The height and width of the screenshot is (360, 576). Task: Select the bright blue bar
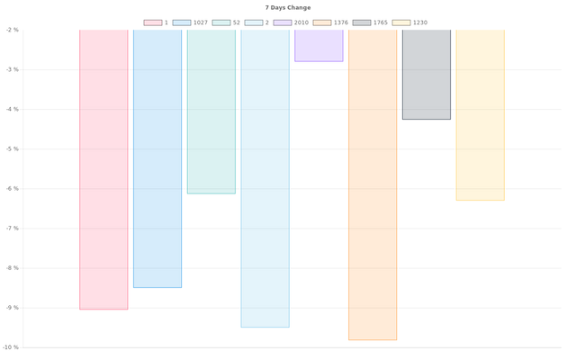[x=157, y=158]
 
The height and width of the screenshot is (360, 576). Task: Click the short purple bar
[x=319, y=46]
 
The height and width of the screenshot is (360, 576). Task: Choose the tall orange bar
[x=373, y=184]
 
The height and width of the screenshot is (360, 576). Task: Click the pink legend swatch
[x=152, y=22]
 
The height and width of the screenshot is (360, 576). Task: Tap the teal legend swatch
[x=220, y=22]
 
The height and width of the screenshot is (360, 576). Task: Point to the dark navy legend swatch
[x=361, y=22]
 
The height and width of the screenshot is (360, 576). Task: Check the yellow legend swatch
[x=400, y=22]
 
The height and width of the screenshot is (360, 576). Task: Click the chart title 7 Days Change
[x=288, y=7]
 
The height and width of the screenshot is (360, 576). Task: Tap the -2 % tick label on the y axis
[x=11, y=30]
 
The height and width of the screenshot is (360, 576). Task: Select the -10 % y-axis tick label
[x=10, y=347]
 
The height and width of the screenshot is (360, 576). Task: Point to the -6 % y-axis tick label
[x=11, y=188]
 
